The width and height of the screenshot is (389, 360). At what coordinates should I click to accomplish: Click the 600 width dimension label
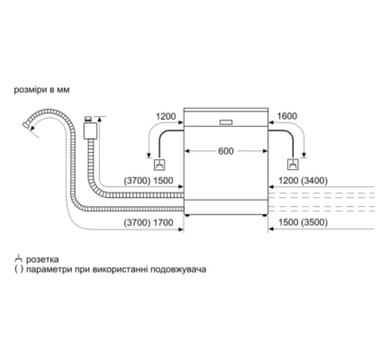[x=226, y=151]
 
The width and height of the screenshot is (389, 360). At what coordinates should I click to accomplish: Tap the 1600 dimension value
[x=287, y=116]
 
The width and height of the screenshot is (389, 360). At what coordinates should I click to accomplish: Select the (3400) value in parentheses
[x=314, y=181]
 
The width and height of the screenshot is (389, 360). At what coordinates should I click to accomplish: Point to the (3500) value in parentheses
[x=314, y=222]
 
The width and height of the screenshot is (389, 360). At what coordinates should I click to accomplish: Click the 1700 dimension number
[x=163, y=222]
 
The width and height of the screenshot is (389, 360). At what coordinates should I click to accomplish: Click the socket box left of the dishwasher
[x=159, y=164]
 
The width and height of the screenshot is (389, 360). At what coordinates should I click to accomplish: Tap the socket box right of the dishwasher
[x=293, y=164]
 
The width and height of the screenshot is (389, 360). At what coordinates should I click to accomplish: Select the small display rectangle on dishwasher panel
[x=226, y=122]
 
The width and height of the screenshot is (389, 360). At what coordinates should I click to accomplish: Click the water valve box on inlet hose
[x=90, y=130]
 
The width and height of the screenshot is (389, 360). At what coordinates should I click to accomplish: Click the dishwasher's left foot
[x=187, y=215]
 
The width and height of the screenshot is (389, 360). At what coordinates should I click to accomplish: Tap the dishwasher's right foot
[x=265, y=215]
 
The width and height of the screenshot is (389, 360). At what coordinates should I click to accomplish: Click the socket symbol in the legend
[x=19, y=259]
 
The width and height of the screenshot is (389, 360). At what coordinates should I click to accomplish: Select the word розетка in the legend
[x=42, y=259]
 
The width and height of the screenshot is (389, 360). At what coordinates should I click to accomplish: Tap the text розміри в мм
[x=42, y=90]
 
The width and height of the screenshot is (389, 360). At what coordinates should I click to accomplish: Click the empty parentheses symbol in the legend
[x=19, y=269]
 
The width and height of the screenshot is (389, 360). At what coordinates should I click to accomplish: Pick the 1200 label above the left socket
[x=166, y=116]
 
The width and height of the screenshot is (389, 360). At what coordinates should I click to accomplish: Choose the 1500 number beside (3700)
[x=163, y=181]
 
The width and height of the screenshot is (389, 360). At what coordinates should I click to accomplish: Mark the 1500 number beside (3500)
[x=288, y=222]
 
